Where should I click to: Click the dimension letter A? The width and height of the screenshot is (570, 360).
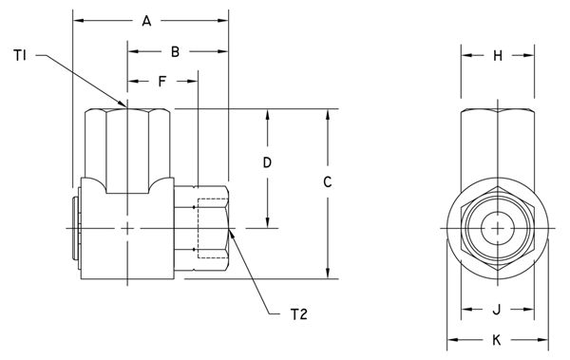[x=146, y=21]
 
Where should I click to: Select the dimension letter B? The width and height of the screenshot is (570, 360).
[x=175, y=52]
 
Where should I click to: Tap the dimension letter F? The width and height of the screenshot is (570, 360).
[x=162, y=82]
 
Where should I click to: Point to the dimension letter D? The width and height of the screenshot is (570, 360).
[x=267, y=162]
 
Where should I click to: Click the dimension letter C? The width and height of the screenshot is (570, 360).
[x=328, y=181]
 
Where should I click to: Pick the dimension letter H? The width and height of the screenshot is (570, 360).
[x=498, y=56]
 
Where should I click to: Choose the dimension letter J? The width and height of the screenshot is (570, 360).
[x=497, y=310]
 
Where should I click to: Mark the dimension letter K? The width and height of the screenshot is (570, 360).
[x=497, y=340]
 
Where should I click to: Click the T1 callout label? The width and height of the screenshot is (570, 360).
[x=20, y=56]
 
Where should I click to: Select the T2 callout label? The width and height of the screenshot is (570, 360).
[x=299, y=314]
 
